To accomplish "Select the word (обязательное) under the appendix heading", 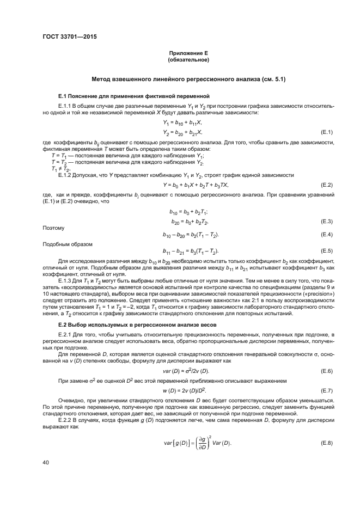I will click(189, 59).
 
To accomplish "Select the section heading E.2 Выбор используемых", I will click(134, 324).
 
